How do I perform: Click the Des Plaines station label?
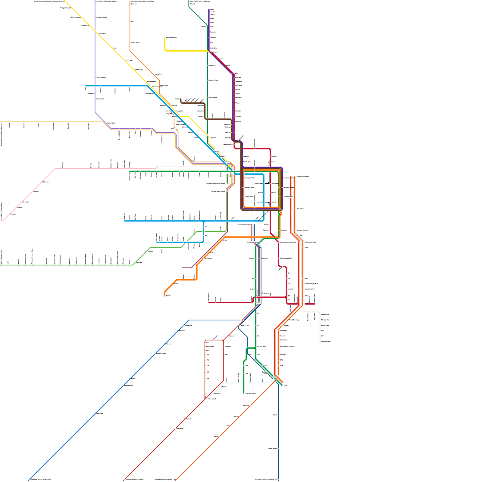102,33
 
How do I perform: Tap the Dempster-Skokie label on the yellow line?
171,38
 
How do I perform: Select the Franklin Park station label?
111,123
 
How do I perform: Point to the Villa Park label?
45,182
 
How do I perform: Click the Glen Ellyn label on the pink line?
26,202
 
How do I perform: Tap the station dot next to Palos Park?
95,414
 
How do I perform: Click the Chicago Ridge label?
161,353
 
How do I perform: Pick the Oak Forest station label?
180,428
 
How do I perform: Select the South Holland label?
273,449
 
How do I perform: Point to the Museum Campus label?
302,230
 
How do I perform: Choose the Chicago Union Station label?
218,191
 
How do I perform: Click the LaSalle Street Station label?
244,225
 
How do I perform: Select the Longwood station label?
228,347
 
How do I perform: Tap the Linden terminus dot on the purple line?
209,9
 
